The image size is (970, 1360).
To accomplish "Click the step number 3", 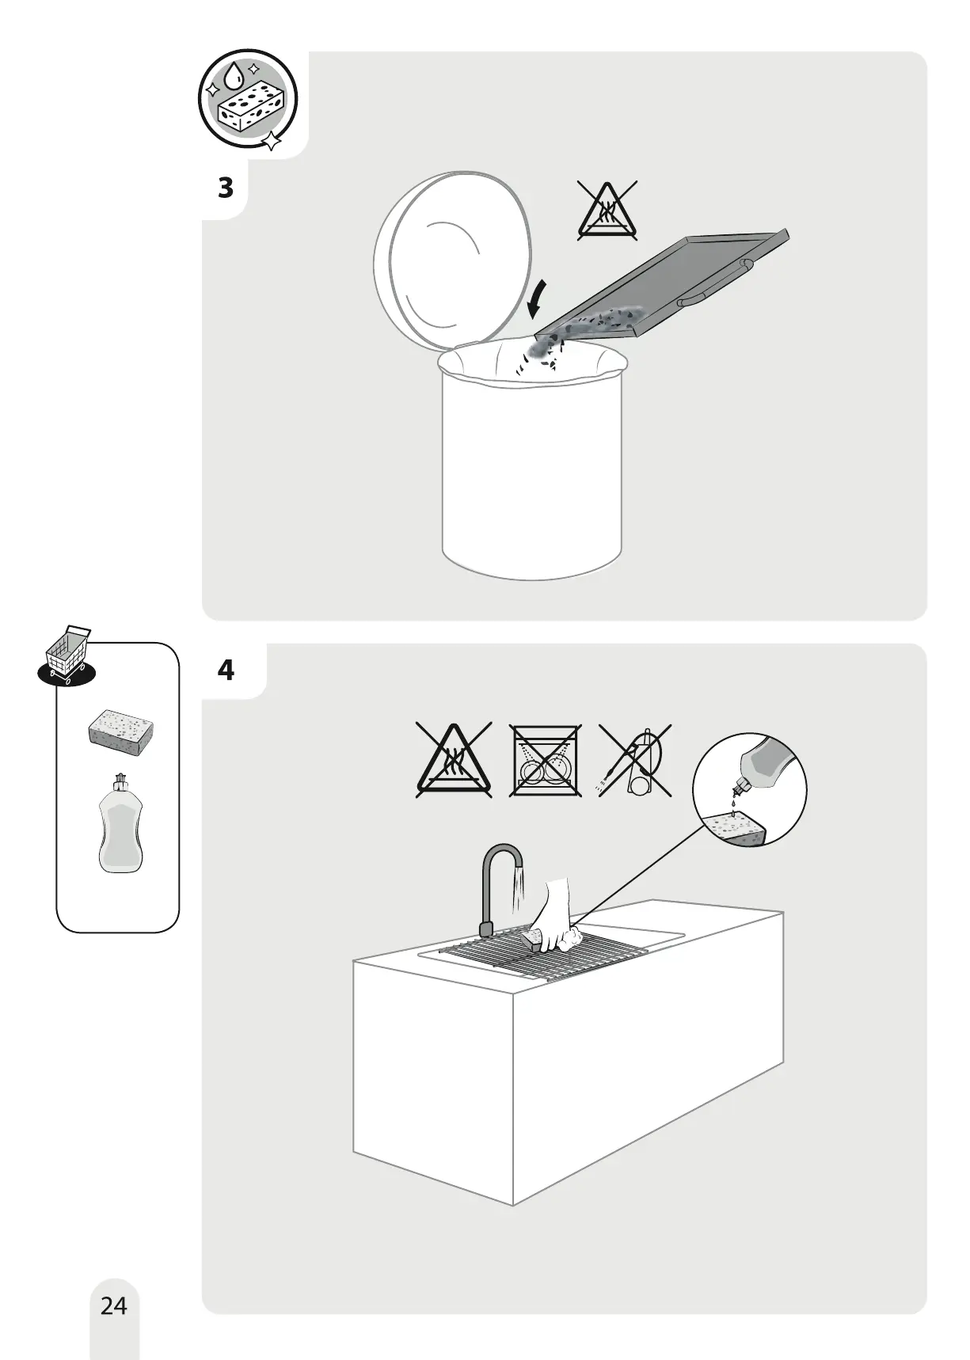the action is click(x=226, y=188).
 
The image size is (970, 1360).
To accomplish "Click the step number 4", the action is click(x=226, y=671).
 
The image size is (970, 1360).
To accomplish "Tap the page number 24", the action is click(x=114, y=1305).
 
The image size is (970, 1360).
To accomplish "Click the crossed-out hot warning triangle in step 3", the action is click(x=607, y=211).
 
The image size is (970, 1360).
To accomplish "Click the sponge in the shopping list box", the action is click(x=120, y=730).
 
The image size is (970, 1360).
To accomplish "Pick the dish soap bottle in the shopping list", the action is click(x=121, y=824).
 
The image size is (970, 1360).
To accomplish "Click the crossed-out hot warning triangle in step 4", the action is click(x=454, y=760).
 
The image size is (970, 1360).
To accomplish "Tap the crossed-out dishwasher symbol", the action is click(x=545, y=760).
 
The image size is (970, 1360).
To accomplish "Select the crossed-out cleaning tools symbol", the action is click(x=636, y=760).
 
